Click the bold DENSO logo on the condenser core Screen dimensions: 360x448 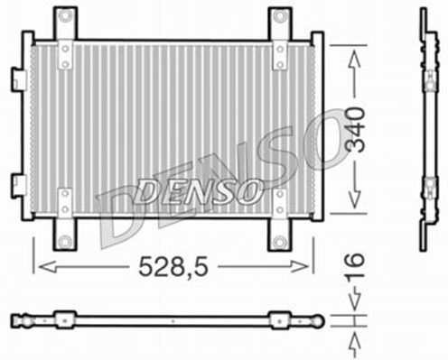click(201, 190)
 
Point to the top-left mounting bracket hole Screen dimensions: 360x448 click(65, 18)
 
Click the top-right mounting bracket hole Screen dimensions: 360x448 click(280, 18)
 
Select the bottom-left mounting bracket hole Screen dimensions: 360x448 click(65, 241)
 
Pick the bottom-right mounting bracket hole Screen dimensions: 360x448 click(279, 241)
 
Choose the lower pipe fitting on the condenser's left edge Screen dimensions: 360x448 click(19, 186)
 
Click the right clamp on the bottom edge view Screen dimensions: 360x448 click(279, 318)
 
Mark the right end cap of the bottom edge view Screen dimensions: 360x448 click(318, 318)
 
